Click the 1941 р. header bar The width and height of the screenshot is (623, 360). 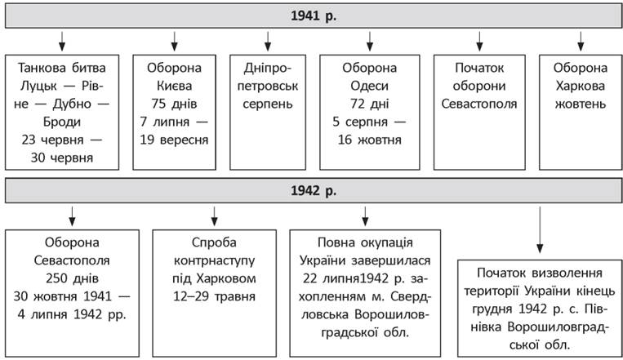[x=314, y=16]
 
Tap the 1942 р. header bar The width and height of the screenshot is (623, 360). [x=314, y=191]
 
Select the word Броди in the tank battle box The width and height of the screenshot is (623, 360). [x=62, y=122]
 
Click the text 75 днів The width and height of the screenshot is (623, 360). [x=174, y=104]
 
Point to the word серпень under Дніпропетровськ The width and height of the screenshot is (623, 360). [x=268, y=104]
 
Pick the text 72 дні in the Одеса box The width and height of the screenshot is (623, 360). [x=370, y=104]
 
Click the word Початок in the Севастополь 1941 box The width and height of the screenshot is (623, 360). [x=479, y=68]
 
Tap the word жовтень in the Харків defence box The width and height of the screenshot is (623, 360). [x=580, y=104]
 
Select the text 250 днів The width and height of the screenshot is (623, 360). [x=72, y=278]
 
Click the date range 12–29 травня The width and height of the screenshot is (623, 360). [x=214, y=296]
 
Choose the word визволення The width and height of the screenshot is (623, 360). [x=567, y=273]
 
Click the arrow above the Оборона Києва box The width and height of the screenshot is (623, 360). [x=174, y=42]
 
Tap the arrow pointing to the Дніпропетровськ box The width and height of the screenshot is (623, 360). [x=268, y=42]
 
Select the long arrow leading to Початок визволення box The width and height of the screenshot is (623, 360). [x=540, y=229]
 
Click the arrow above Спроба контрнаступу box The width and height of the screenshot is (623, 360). [x=214, y=216]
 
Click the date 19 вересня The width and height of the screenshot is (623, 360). [x=174, y=140]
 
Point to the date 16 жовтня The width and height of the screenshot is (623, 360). [x=370, y=140]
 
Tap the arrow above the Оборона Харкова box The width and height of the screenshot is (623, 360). [x=581, y=42]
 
